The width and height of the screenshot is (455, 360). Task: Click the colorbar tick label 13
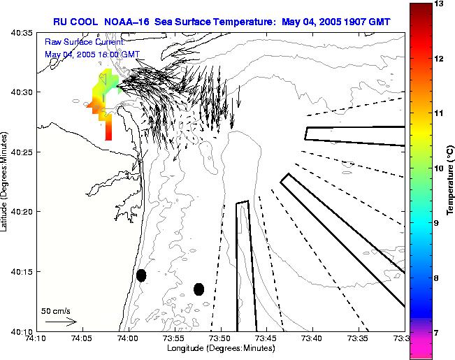click(x=440, y=4)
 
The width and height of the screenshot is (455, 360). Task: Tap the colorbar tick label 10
click(x=440, y=168)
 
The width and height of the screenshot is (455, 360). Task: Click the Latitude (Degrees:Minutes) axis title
click(x=6, y=181)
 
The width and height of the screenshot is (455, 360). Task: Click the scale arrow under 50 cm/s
click(x=60, y=322)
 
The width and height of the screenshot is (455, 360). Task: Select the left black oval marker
click(x=141, y=275)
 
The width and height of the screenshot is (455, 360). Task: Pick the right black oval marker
click(x=199, y=289)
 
